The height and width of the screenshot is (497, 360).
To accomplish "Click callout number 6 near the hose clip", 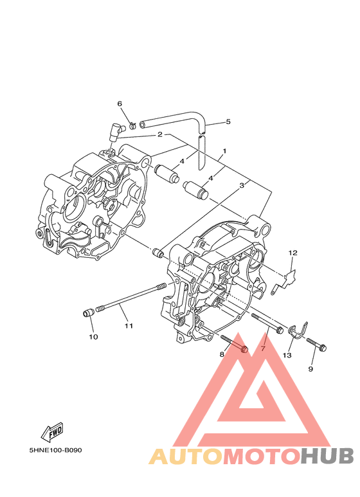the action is [x=120, y=104].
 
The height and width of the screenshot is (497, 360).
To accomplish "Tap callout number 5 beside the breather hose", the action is [x=228, y=122].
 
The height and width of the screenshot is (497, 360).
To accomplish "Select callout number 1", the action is [x=224, y=151].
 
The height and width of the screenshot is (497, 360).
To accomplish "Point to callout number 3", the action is [x=242, y=185].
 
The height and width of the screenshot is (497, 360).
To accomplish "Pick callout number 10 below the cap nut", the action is [x=93, y=337].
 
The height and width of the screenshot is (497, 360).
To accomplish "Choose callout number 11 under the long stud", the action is [x=129, y=325].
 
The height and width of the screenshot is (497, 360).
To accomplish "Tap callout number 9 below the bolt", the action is [x=310, y=369].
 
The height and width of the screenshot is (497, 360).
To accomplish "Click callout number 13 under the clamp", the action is [x=287, y=356].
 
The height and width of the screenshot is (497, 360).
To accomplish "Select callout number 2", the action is [x=160, y=134].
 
